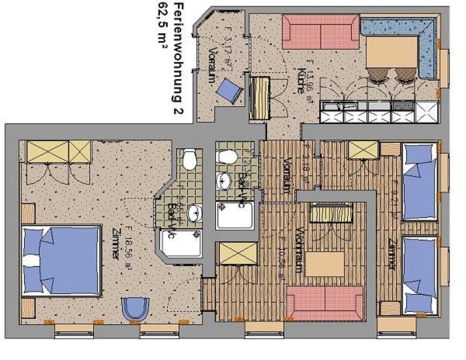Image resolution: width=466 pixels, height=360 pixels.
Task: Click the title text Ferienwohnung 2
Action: click(178, 58)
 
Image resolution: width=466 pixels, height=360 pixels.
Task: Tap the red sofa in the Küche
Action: click(320, 32)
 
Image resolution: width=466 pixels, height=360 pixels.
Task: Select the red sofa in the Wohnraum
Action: click(325, 302)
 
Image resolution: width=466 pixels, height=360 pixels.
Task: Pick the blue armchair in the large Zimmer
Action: click(135, 309)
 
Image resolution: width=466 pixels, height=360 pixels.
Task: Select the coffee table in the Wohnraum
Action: click(324, 264)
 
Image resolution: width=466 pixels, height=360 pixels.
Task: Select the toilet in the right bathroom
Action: click(228, 157)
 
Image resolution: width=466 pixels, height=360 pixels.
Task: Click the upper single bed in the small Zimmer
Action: click(419, 183)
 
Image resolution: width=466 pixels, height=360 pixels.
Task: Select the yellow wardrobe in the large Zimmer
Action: click(59, 151)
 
